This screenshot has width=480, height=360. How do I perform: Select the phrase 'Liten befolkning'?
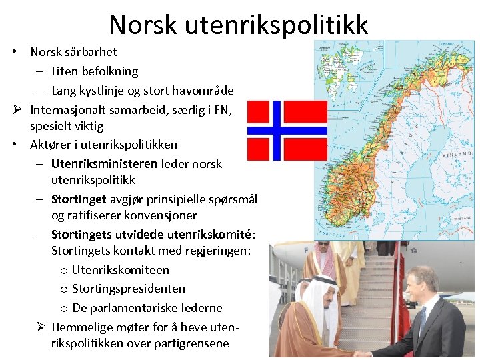pyautogui.click(x=95, y=71)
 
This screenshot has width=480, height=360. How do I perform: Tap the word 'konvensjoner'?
pyautogui.click(x=159, y=215)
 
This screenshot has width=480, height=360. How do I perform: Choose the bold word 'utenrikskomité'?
pyautogui.click(x=209, y=234)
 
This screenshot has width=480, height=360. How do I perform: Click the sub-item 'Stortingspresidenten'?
pyautogui.click(x=129, y=289)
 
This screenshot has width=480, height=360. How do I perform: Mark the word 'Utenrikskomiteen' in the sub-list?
pyautogui.click(x=121, y=270)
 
